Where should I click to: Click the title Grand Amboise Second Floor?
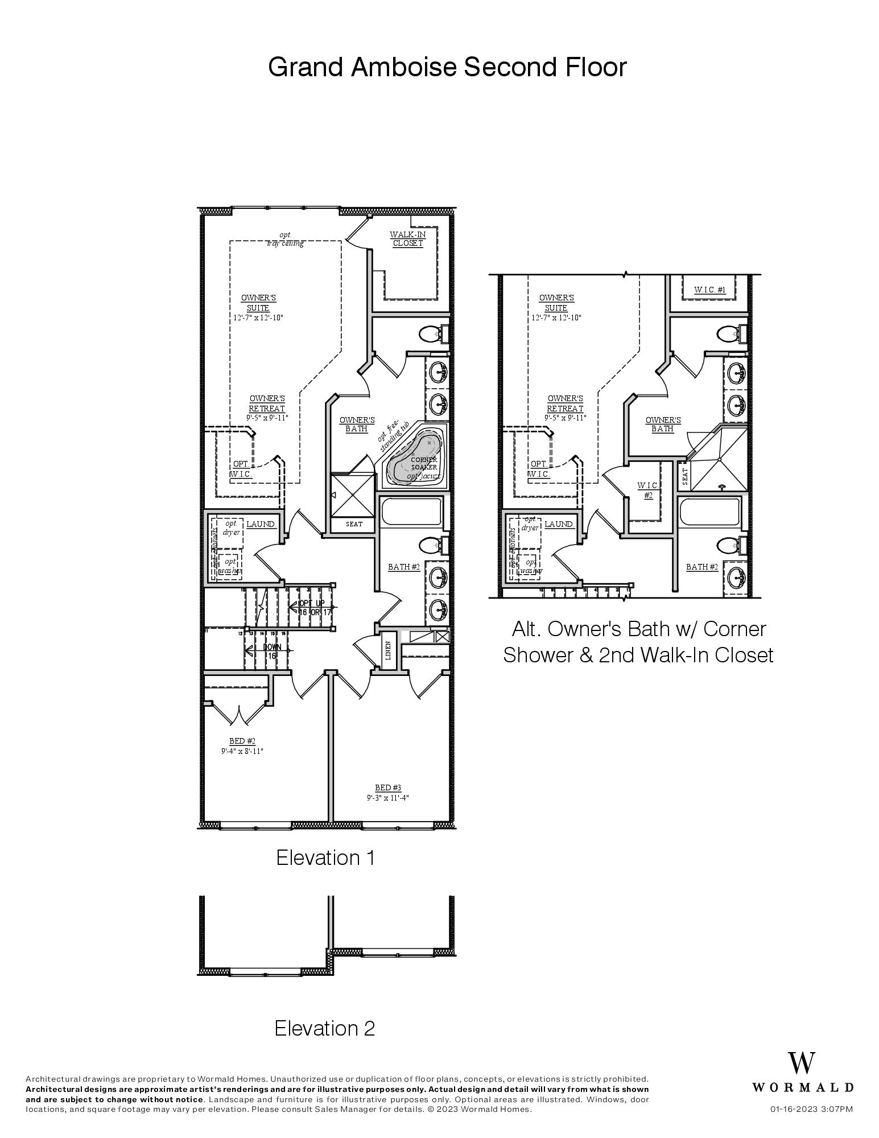click(447, 67)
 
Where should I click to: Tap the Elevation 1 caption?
click(325, 857)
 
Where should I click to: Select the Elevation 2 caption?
click(324, 1028)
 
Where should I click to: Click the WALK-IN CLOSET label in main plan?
click(407, 239)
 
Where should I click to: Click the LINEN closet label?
click(388, 650)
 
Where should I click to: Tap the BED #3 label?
click(387, 788)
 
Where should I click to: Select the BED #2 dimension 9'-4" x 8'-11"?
click(242, 751)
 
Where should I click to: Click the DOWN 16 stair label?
click(272, 652)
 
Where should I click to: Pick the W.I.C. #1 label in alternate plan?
click(709, 290)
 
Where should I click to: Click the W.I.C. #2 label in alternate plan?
click(648, 490)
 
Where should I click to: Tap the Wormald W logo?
click(802, 1063)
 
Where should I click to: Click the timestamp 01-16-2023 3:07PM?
click(811, 1110)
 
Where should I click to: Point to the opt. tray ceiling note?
click(285, 239)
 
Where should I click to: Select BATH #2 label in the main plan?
click(403, 567)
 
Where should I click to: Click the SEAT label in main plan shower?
click(354, 524)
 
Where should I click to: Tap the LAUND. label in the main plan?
click(261, 524)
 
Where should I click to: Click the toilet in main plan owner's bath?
click(432, 333)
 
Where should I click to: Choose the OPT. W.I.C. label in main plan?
click(241, 469)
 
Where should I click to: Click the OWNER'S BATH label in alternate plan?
click(663, 424)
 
